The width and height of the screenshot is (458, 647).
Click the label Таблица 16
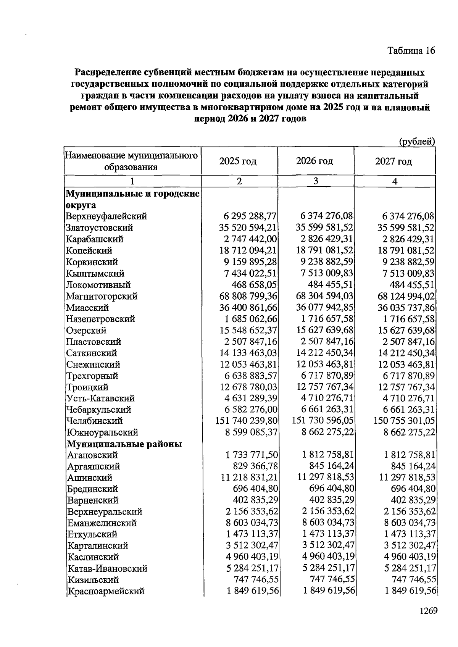coord(411,51)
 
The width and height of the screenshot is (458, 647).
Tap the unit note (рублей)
coord(417,142)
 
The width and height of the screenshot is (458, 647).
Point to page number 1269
coord(428,611)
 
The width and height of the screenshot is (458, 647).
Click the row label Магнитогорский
coord(102,296)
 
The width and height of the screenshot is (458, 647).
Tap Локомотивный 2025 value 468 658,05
coord(254,285)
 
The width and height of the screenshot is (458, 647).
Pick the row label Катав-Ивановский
coord(108,568)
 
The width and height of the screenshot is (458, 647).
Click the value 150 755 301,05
coord(404,421)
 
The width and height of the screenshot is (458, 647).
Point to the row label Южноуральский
coord(102,432)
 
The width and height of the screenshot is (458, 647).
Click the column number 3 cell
coord(316,181)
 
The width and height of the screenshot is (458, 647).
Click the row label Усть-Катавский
coord(101,399)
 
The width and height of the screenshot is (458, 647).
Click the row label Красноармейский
coord(106,591)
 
